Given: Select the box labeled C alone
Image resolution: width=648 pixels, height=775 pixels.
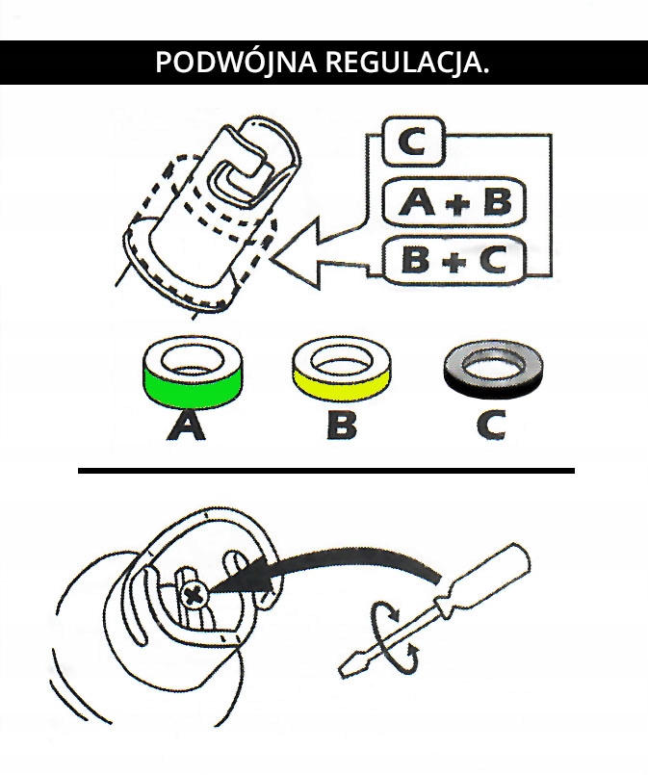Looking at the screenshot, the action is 412,144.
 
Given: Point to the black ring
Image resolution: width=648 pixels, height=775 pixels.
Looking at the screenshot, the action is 493,370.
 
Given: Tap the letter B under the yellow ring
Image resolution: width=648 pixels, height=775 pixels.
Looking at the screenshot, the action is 342,426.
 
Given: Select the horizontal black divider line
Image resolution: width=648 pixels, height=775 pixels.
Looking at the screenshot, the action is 325,471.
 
